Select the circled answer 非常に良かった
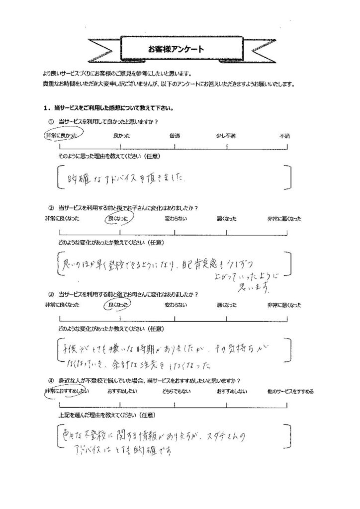(x=62, y=135)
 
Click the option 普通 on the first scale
(x=175, y=135)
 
